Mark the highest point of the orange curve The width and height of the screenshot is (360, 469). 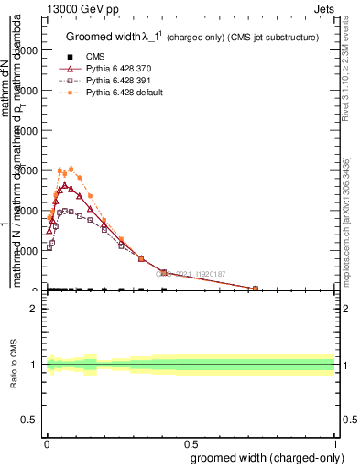pos(71,168)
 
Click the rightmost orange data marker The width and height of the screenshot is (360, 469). pos(256,289)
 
